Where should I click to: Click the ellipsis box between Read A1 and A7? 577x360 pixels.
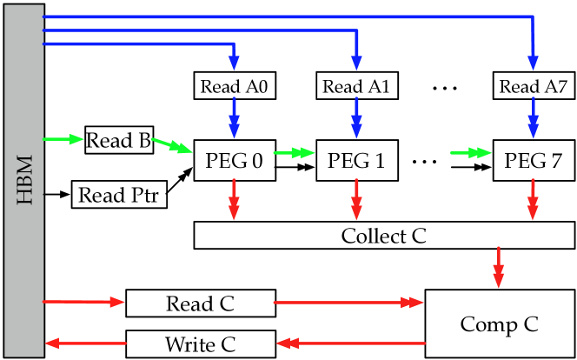click(443, 85)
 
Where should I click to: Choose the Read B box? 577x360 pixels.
click(119, 141)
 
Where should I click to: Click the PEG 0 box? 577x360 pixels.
click(234, 160)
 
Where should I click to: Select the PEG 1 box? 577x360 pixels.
click(355, 160)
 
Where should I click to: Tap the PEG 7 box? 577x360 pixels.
click(532, 160)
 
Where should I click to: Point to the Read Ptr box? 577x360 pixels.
click(119, 195)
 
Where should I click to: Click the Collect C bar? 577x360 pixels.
click(383, 236)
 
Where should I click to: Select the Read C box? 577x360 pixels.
click(201, 303)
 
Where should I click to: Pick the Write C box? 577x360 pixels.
click(201, 343)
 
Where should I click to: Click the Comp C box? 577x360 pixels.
click(499, 324)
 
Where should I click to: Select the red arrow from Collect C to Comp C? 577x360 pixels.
click(499, 268)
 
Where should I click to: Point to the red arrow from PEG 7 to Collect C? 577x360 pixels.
click(532, 201)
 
